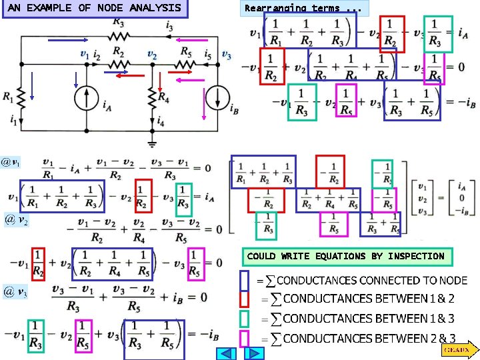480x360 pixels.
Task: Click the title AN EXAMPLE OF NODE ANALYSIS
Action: click(x=95, y=8)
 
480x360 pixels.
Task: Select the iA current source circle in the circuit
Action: click(x=87, y=101)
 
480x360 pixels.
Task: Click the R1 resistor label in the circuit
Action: click(x=7, y=97)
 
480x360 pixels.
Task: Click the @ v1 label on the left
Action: click(x=11, y=162)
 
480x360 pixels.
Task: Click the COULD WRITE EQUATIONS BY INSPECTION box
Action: click(x=345, y=256)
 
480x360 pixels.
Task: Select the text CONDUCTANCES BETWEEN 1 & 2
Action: click(x=369, y=299)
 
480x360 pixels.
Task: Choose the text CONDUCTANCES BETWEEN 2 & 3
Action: click(x=369, y=339)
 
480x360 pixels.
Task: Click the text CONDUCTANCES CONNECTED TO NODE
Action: click(x=371, y=281)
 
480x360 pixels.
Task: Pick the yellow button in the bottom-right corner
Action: click(x=457, y=349)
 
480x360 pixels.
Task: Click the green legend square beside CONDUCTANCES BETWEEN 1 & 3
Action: click(x=244, y=319)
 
